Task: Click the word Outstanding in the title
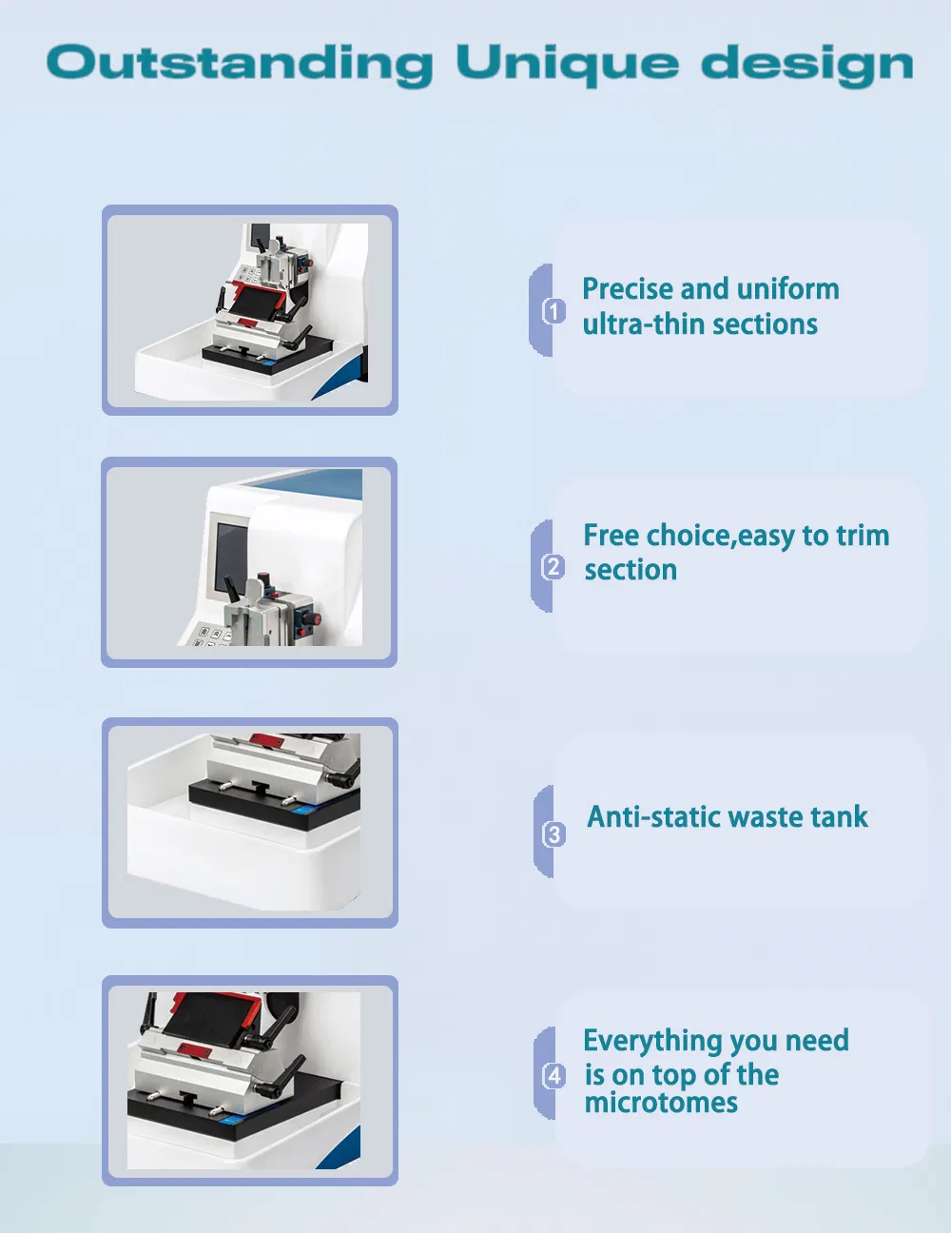point(240,65)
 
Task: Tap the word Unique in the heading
point(567,65)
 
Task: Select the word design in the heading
point(806,65)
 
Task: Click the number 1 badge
point(553,311)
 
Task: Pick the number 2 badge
point(553,567)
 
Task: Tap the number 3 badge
point(553,834)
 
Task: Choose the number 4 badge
point(553,1075)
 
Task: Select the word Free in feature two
point(612,536)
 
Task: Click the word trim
point(862,536)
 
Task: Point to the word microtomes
point(661,1103)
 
